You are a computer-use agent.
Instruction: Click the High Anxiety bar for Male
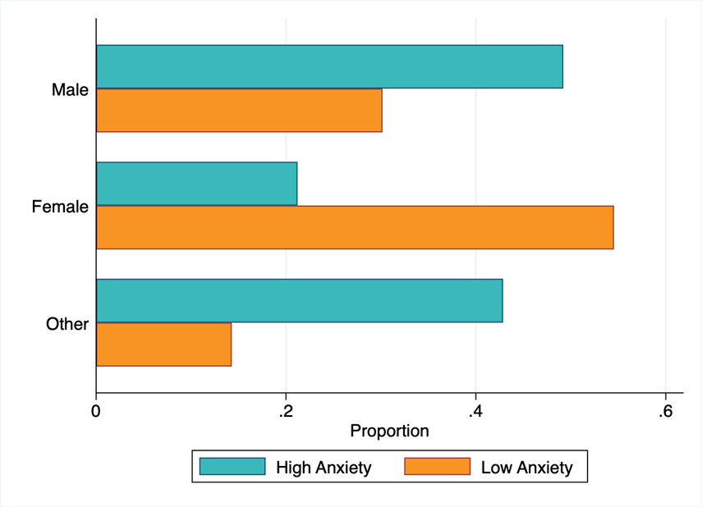coord(329,66)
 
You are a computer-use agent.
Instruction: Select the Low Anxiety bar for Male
coord(239,110)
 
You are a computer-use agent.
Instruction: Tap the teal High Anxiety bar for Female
coord(196,184)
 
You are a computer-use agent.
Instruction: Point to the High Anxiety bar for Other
coord(299,300)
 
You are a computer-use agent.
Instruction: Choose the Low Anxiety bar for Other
coord(163,345)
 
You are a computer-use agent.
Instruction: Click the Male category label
coord(70,89)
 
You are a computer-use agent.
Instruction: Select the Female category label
coord(60,207)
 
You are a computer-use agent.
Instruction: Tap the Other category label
coord(67,324)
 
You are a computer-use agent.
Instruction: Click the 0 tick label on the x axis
coord(96,409)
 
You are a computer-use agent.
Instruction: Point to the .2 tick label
coord(284,409)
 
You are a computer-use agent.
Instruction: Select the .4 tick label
coord(474,409)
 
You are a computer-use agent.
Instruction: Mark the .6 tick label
coord(664,409)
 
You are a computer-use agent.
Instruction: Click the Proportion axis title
coord(389,431)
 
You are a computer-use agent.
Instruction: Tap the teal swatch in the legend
coord(232,467)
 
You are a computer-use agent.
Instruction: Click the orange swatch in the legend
coord(437,467)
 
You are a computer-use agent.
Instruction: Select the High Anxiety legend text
coord(323,468)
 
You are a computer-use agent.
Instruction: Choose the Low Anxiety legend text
coord(526,468)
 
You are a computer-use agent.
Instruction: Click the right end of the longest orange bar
coord(613,227)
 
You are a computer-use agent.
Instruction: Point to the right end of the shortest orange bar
coord(231,345)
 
